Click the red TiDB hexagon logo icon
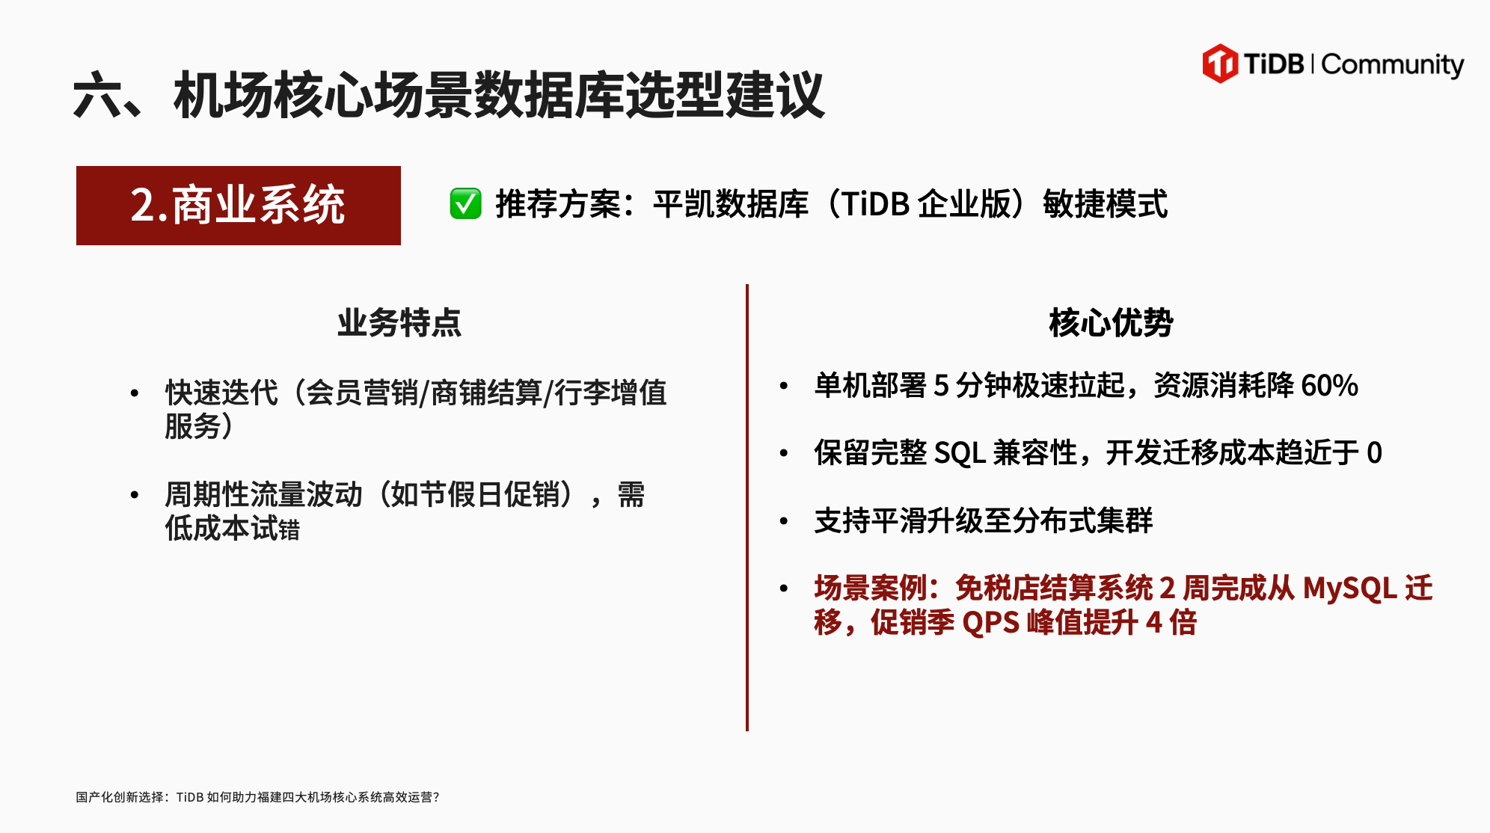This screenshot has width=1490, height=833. tap(1220, 63)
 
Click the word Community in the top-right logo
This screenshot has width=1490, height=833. tap(1393, 65)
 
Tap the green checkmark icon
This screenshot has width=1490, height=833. tap(465, 203)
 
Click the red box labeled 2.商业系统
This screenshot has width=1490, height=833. tap(239, 206)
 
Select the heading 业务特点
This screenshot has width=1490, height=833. tap(399, 323)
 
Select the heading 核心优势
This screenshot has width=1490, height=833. tap(1111, 323)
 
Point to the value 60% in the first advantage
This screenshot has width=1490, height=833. tap(1329, 386)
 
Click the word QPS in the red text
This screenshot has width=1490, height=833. tap(990, 623)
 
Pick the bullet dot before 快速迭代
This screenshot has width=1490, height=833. tap(135, 393)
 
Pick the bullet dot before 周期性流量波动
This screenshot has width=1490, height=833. tap(135, 495)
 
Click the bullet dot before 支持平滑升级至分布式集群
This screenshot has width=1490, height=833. tap(784, 521)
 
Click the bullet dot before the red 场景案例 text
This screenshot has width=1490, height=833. tap(784, 588)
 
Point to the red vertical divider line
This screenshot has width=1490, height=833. tap(747, 508)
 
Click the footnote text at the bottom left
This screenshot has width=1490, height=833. tap(257, 797)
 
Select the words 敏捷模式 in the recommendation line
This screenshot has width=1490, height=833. tap(1106, 204)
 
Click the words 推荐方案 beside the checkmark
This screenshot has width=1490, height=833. tap(558, 204)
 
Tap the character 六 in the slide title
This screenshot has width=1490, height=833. tap(98, 96)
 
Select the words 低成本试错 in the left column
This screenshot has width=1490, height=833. tap(232, 529)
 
